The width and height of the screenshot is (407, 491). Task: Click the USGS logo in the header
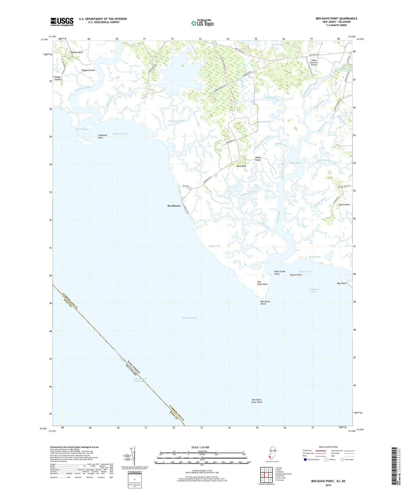tap(62, 22)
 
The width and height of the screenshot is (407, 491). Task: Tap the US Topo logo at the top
tap(202, 23)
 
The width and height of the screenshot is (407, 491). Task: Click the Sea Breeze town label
tap(174, 206)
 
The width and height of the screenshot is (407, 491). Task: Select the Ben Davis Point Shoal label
tap(257, 401)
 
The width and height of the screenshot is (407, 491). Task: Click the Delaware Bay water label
tap(189, 318)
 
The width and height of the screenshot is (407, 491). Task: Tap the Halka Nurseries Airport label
tap(314, 63)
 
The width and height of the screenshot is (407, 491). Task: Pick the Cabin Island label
tap(258, 159)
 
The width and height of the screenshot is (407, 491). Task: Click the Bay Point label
tap(342, 283)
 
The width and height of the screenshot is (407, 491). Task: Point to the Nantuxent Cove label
tap(314, 290)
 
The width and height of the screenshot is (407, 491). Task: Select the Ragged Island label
tap(88, 70)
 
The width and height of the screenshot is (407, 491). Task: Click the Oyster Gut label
tap(215, 246)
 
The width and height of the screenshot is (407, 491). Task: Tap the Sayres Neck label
tap(344, 204)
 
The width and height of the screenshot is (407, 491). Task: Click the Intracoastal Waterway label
tap(140, 380)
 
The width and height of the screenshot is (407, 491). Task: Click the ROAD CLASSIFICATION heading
tap(328, 447)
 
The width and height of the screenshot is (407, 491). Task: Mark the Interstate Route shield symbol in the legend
tap(306, 459)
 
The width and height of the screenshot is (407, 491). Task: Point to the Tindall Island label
tap(57, 78)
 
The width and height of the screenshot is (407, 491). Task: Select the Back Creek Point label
tap(280, 273)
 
